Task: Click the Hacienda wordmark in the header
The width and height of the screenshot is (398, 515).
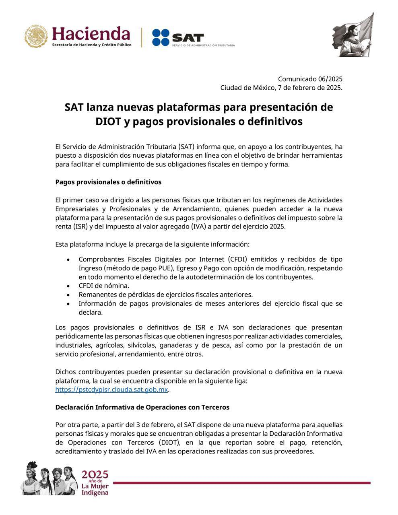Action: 91,33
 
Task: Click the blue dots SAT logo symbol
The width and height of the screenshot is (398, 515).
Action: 161,37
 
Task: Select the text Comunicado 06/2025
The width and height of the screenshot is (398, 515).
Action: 310,79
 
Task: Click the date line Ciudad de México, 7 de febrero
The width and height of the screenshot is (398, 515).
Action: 281,88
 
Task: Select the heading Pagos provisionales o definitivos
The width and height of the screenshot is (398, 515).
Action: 108,182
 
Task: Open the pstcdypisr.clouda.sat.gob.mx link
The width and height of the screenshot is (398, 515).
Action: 111,389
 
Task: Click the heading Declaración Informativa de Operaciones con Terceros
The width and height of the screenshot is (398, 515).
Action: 142,407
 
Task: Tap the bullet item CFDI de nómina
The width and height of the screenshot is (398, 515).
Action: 104,286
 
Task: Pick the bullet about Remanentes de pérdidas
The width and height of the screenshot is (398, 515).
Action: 165,295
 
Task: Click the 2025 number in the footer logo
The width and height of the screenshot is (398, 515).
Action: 95,474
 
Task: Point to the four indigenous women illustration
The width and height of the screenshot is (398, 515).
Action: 49,478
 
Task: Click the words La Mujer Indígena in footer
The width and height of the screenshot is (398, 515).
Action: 95,489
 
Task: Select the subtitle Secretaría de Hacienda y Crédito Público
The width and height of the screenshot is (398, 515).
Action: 91,45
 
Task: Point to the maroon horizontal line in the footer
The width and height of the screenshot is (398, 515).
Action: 241,483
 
